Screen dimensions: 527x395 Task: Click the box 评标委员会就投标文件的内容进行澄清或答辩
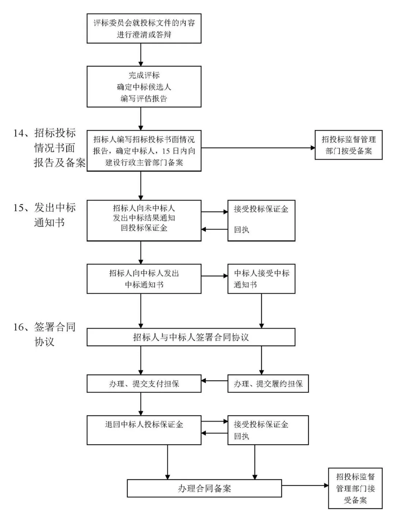[144, 29]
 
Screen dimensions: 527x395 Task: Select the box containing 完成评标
[144, 87]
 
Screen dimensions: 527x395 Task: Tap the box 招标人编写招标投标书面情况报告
[144, 151]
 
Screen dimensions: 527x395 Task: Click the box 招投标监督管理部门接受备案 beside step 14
[348, 145]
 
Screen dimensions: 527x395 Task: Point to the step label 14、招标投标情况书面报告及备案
[49, 148]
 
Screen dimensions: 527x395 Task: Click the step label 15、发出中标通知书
[45, 215]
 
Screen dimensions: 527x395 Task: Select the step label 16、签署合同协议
[45, 334]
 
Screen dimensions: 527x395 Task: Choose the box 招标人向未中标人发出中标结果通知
[144, 220]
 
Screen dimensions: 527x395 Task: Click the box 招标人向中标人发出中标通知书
[144, 279]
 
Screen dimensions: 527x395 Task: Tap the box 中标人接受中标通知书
[261, 279]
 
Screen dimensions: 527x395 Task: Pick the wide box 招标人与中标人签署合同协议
[191, 337]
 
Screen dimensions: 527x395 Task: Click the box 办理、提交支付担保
[144, 383]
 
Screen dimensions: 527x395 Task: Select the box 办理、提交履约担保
[268, 383]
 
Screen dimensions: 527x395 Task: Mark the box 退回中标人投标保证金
[144, 430]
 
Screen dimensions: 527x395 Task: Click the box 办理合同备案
[204, 488]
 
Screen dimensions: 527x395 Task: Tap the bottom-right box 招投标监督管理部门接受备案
[355, 488]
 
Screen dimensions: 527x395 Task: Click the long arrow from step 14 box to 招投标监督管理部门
[258, 148]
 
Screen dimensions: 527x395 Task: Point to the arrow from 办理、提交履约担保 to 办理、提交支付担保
[214, 381]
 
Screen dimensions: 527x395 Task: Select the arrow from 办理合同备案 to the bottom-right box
[305, 486]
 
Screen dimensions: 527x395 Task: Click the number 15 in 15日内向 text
[166, 151]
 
